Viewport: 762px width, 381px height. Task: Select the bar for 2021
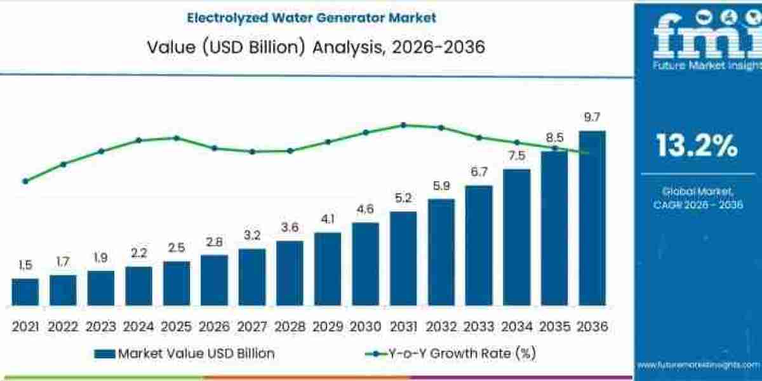[25, 291]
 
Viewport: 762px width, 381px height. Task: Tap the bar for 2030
[365, 264]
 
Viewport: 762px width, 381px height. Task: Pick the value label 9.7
[592, 117]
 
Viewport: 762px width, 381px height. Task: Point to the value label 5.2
[403, 199]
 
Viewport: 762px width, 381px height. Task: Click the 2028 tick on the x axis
[290, 327]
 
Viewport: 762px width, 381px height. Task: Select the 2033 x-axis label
[478, 327]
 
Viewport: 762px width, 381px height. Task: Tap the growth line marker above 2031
[403, 125]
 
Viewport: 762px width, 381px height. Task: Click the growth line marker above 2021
[25, 181]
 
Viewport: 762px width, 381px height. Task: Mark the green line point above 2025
[177, 138]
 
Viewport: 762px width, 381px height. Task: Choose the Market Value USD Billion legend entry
[184, 354]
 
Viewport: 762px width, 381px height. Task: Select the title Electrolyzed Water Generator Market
[311, 18]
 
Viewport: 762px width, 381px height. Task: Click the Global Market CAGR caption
[697, 197]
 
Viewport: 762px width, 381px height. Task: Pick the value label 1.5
[25, 265]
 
